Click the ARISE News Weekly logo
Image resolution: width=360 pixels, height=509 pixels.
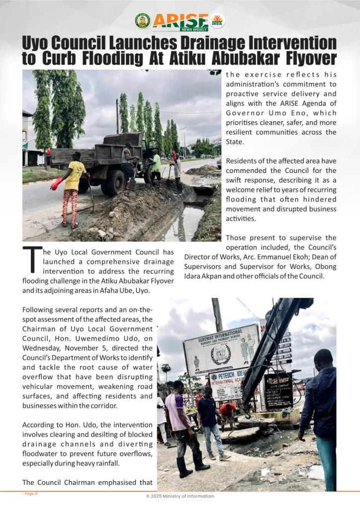180,21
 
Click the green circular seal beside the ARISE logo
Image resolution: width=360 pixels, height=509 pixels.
143,21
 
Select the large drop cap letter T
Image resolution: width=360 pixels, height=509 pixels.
32,260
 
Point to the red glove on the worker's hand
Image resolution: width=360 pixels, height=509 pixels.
57,183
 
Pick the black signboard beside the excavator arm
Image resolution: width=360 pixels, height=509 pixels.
278,390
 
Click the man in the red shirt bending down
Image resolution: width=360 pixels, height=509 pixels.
228,413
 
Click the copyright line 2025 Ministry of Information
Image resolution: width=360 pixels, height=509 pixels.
180,496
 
